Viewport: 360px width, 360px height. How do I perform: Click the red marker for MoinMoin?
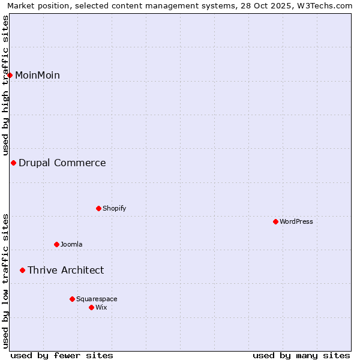(x=10, y=75)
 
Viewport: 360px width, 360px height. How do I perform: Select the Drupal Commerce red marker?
(x=13, y=163)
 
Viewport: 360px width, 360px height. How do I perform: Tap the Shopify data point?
(x=98, y=208)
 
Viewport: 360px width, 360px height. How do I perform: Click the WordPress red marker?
(x=275, y=221)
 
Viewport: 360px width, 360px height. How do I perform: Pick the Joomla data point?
(x=56, y=244)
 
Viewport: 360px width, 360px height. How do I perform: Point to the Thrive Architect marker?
(x=22, y=270)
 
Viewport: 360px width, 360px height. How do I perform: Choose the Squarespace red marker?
(x=72, y=299)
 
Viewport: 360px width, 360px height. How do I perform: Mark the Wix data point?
(x=91, y=307)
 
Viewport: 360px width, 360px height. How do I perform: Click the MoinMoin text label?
(x=37, y=75)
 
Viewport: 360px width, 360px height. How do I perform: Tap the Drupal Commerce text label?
(x=62, y=163)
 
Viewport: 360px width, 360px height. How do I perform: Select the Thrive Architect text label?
(x=65, y=270)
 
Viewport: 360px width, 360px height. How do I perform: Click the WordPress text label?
(x=296, y=221)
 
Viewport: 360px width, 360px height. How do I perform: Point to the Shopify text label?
(x=114, y=208)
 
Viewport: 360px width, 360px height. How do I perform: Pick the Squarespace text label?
(x=97, y=299)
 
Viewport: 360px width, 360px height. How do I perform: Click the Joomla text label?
(x=71, y=244)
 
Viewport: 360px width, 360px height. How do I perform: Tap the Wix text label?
(x=101, y=307)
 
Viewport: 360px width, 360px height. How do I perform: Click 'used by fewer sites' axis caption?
(x=62, y=355)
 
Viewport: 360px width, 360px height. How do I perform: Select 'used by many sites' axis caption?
(x=301, y=355)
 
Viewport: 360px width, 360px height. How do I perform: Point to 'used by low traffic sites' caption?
(x=5, y=281)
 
